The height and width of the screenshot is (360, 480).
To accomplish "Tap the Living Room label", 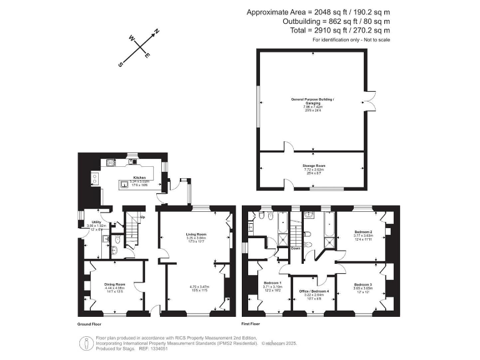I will point(196,234).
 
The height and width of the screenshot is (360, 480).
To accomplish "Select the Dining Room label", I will point(115,284).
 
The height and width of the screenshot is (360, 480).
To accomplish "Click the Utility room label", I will point(96,222).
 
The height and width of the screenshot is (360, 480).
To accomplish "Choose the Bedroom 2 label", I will point(364,232).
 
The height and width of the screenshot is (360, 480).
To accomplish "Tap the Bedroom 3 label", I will point(363,284).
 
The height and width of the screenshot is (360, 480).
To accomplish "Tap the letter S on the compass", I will point(123,64).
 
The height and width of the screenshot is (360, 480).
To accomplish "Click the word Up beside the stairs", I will point(143,217).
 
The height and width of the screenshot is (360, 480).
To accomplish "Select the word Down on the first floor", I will point(296,248).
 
